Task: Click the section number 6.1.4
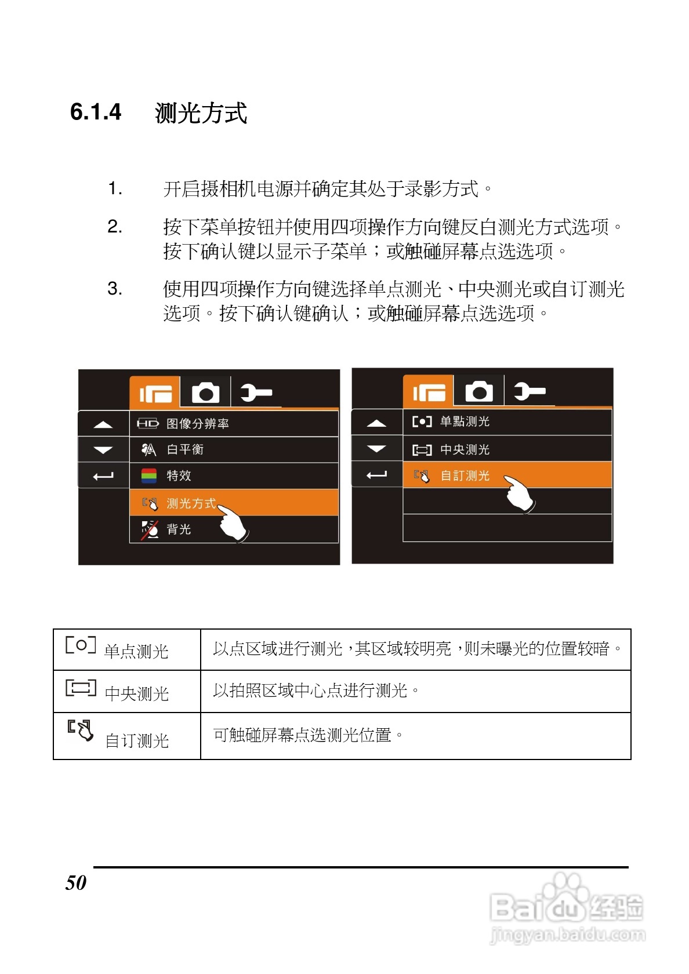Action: (x=96, y=112)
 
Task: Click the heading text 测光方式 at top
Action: (x=201, y=112)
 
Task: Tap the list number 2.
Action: (x=115, y=226)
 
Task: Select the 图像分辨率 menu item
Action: (x=197, y=424)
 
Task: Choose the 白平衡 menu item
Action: (x=185, y=449)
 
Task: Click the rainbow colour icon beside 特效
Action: (x=149, y=476)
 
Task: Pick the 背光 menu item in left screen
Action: (x=179, y=529)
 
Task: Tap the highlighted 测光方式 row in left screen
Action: (x=191, y=503)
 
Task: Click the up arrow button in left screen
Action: (x=103, y=424)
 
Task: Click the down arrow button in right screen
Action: (x=376, y=449)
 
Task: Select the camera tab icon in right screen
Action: (x=479, y=392)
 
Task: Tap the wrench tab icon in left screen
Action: (x=255, y=393)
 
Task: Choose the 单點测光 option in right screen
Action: (x=465, y=421)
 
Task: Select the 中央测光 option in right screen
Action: (x=465, y=449)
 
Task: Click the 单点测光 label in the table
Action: (x=136, y=651)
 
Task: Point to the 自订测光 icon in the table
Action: (x=80, y=730)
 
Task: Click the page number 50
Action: (x=76, y=882)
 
